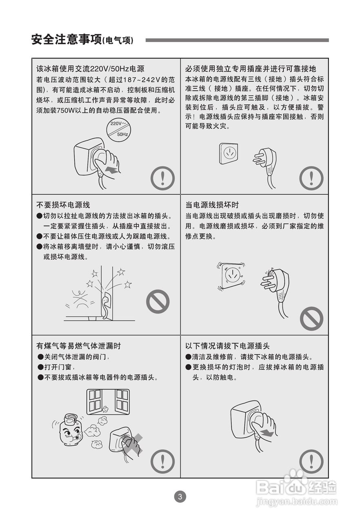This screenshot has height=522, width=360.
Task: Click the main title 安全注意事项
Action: pyautogui.click(x=67, y=40)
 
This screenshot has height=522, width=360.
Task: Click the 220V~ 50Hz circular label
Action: pyautogui.click(x=118, y=130)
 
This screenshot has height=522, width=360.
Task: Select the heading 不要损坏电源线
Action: pyautogui.click(x=63, y=205)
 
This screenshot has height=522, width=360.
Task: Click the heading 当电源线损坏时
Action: pyautogui.click(x=212, y=205)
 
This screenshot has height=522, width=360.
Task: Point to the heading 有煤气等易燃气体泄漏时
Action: pyautogui.click(x=79, y=346)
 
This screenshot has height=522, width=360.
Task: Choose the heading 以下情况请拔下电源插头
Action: pyautogui.click(x=227, y=346)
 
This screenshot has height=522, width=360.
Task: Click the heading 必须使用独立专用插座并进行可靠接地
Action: pyautogui.click(x=251, y=69)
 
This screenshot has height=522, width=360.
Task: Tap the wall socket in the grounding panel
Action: pyautogui.click(x=229, y=153)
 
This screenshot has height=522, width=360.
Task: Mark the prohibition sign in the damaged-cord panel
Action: pyautogui.click(x=311, y=319)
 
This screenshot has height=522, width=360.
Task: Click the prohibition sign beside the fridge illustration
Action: pyautogui.click(x=158, y=301)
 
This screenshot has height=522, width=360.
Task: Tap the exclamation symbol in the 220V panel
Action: pyautogui.click(x=162, y=178)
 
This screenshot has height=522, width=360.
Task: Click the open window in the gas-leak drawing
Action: pyautogui.click(x=108, y=402)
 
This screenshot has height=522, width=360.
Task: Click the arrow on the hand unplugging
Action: pyautogui.click(x=267, y=433)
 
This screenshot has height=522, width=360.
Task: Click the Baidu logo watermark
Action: pyautogui.click(x=296, y=487)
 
